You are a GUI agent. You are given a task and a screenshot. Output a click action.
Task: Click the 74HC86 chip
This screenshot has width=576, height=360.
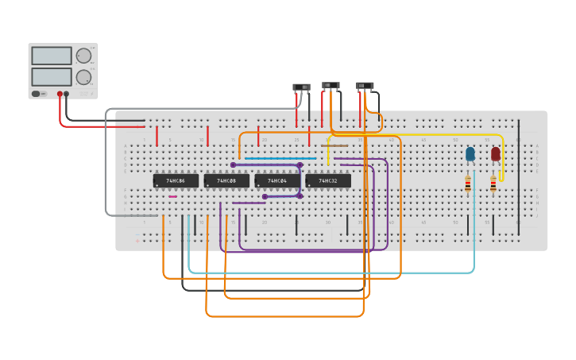coord(176,181)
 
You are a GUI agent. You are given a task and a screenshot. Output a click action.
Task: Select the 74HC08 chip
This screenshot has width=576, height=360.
coord(226,181)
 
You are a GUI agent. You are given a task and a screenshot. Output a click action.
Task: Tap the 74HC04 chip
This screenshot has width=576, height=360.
coord(277,181)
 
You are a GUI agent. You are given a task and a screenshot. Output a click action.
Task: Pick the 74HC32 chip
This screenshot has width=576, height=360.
coord(328,181)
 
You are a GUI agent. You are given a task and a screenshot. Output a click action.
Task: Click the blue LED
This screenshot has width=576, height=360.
coord(470,153)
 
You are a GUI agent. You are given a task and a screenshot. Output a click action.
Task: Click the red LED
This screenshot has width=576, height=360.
coord(496,154)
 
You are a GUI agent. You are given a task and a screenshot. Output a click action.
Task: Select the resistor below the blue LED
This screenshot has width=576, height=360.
coord(468,184)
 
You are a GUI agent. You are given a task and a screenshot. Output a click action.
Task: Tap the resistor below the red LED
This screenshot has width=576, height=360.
coord(493,184)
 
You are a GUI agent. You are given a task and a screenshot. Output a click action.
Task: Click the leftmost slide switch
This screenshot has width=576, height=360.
coord(301,87)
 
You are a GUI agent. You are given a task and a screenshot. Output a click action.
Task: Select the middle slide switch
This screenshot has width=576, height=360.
coord(331,85)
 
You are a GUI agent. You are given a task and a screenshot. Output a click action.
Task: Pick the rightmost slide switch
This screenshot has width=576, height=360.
coord(365,86)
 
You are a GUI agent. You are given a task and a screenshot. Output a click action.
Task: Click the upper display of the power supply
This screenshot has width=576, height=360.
coord(52,56)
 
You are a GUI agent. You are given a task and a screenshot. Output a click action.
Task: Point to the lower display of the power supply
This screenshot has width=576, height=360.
coord(52,77)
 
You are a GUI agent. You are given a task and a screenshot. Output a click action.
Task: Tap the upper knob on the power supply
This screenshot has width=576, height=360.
coord(83,56)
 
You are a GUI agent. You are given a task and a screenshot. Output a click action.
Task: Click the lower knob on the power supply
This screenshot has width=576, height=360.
coord(83,77)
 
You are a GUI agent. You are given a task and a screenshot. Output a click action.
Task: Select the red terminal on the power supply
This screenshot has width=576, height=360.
coord(59,94)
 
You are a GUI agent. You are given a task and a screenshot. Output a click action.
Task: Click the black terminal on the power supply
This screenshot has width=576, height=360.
coord(66,94)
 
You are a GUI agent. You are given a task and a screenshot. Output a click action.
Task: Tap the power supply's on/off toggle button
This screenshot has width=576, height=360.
coord(37,94)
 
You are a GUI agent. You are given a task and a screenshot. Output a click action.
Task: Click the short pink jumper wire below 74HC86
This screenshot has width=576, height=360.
coord(172,196)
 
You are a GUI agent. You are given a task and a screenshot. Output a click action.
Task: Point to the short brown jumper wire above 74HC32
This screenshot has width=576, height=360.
coord(334,145)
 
